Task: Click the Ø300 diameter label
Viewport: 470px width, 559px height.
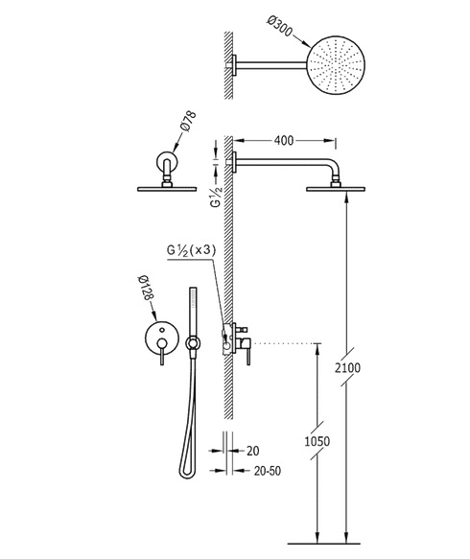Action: tap(279, 26)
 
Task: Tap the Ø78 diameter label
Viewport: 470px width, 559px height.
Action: tap(188, 121)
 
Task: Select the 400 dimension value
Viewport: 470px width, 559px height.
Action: tap(284, 140)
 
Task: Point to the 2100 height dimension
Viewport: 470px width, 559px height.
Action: tap(347, 367)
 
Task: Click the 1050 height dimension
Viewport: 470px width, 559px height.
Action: tap(317, 441)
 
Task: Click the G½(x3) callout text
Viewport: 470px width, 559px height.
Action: tap(192, 250)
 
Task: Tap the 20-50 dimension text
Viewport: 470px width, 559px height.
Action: tap(268, 471)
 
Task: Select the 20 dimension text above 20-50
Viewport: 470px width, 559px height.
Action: tap(252, 451)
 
